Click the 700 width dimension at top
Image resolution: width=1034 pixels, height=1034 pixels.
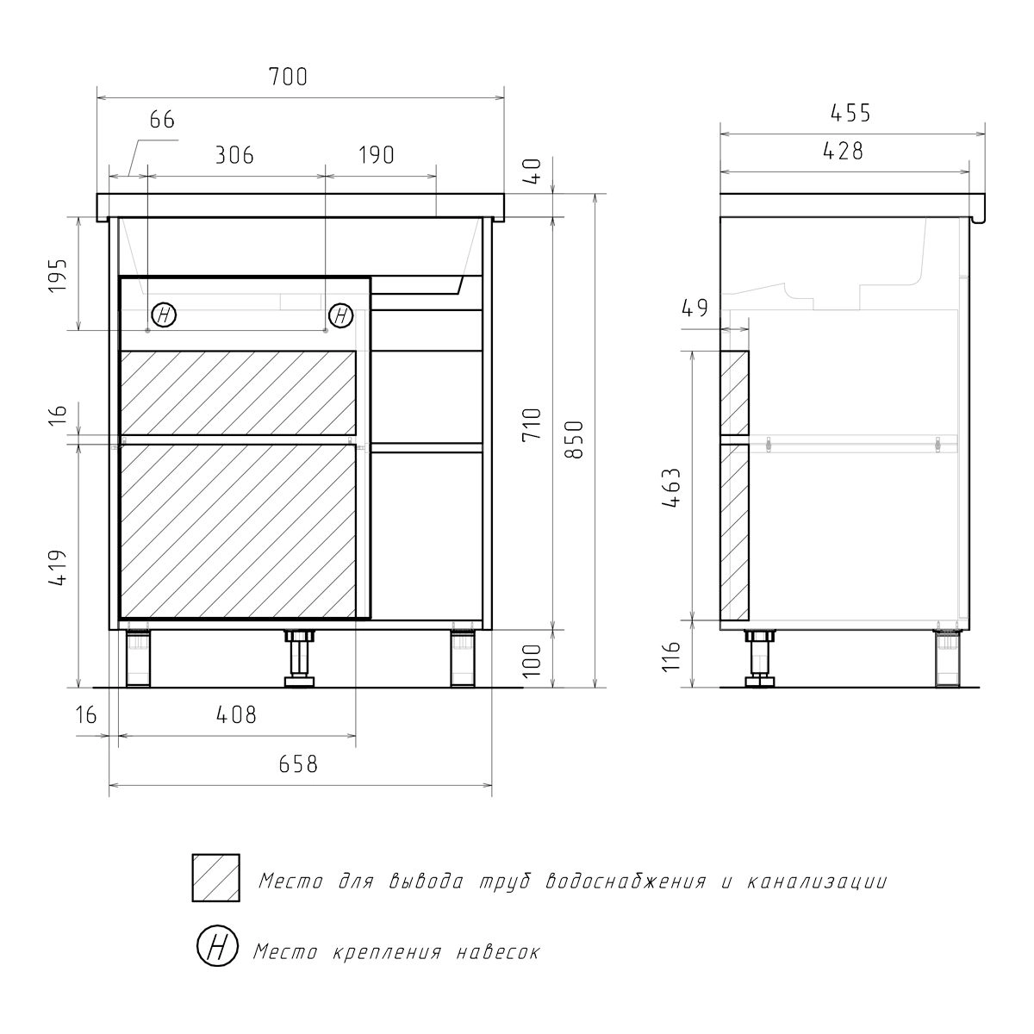288,77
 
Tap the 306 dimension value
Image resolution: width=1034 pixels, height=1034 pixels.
234,156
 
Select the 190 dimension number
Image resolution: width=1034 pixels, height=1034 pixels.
377,156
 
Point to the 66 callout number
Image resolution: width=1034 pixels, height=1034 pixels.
162,120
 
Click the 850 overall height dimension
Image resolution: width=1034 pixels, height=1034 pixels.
575,439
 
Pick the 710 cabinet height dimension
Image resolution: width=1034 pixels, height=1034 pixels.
532,425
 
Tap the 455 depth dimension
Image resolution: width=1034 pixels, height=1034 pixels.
850,113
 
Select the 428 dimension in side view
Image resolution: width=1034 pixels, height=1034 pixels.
843,152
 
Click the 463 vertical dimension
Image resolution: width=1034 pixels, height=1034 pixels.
671,488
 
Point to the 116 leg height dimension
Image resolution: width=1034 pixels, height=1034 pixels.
671,656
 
